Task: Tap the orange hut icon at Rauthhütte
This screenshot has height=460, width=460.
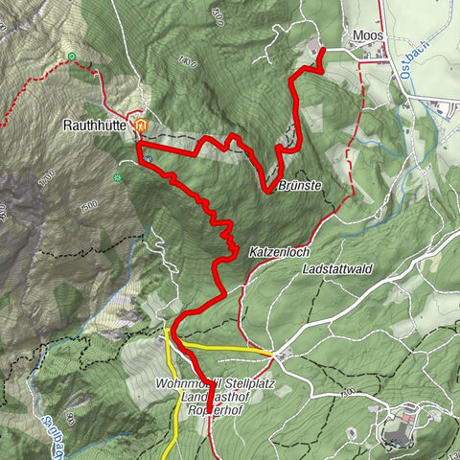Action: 141,126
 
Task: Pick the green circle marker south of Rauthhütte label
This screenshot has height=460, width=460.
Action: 118,177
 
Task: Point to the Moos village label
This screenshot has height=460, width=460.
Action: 367,35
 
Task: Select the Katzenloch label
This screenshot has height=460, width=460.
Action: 275,252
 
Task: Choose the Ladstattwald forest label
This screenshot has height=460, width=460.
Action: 335,271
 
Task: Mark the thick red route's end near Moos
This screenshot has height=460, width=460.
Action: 321,50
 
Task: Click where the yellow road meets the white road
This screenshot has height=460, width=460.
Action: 274,355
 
